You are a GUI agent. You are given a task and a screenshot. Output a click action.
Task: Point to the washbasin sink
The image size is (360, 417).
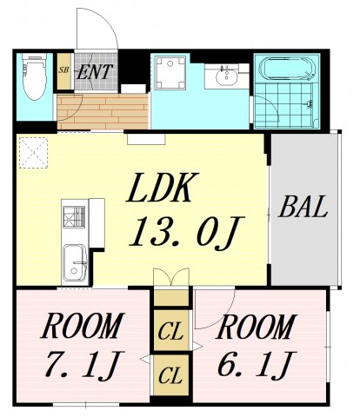click(x=228, y=76)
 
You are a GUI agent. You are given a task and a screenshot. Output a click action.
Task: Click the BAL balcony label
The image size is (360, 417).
click(x=302, y=208)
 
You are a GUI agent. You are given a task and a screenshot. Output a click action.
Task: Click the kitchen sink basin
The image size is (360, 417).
click(x=75, y=261)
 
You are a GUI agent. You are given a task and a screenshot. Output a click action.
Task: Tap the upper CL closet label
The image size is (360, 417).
click(x=171, y=331)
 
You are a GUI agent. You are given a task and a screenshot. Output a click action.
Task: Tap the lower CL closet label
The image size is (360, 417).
click(x=171, y=377)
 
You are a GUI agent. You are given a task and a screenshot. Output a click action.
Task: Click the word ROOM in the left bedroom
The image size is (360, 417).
click(x=80, y=328)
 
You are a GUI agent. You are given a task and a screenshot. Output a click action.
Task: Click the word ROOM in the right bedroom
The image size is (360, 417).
click(x=256, y=328)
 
